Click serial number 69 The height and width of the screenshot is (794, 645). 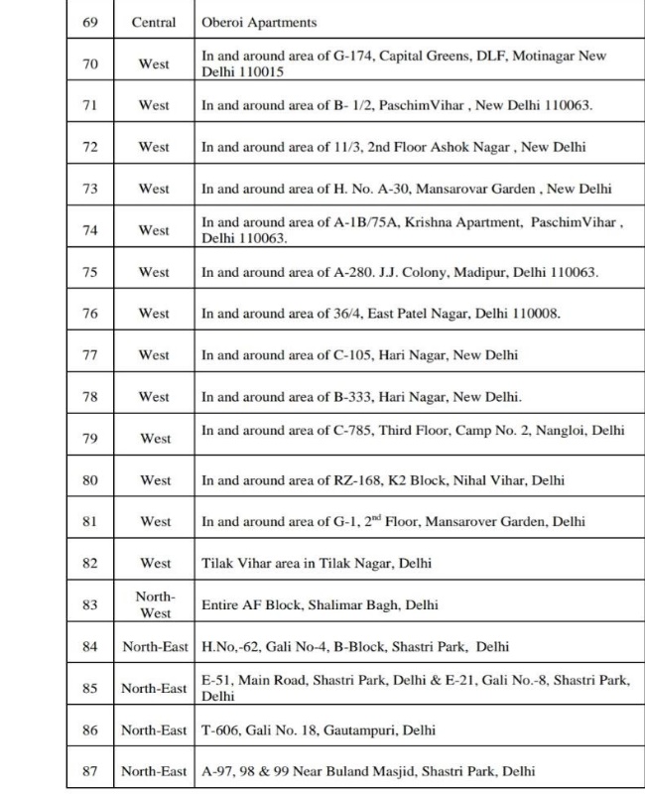click(x=89, y=22)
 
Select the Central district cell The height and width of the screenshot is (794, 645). click(x=154, y=22)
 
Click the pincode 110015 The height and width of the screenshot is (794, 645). click(x=263, y=71)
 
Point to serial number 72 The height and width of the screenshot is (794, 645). click(x=89, y=147)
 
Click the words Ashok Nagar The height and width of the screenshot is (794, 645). click(x=469, y=147)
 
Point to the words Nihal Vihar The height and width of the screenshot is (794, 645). click(x=490, y=480)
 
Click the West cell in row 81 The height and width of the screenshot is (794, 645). click(x=155, y=521)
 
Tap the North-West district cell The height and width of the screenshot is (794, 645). click(x=154, y=604)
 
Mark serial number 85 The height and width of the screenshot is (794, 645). click(x=89, y=688)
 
